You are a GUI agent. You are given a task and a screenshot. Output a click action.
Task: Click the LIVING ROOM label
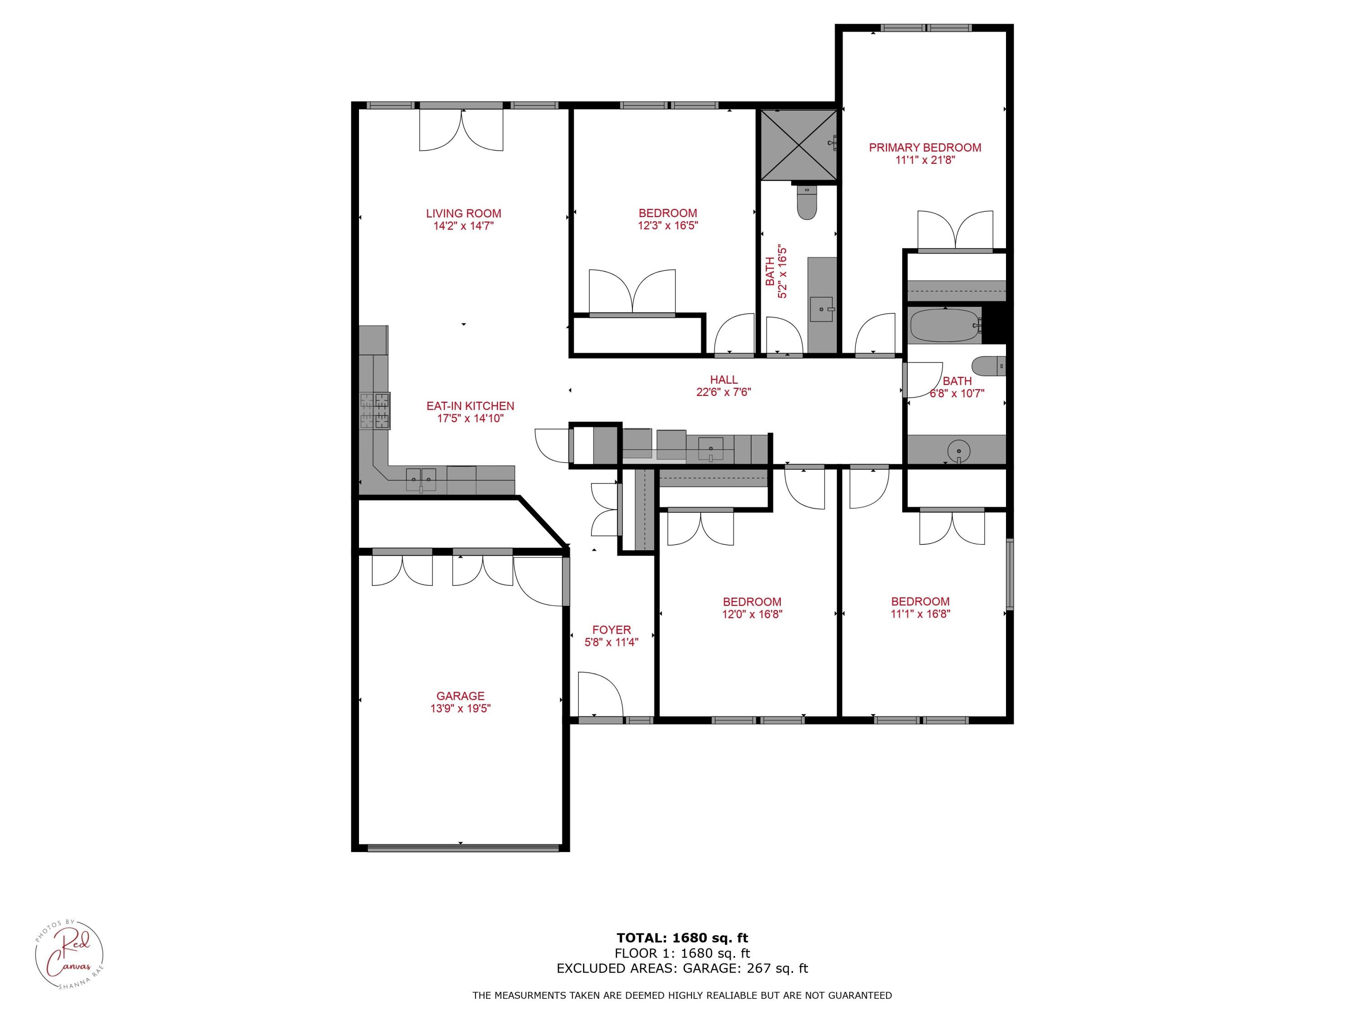pos(464,213)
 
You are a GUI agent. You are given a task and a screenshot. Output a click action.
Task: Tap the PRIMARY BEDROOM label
pos(925,147)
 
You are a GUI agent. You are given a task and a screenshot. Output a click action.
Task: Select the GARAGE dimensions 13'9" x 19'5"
pos(460,709)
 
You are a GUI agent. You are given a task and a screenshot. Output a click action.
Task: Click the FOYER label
pos(611,629)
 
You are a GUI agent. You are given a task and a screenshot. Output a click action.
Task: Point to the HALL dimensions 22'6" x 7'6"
pos(723,392)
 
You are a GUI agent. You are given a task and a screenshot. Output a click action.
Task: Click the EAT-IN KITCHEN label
pos(470,406)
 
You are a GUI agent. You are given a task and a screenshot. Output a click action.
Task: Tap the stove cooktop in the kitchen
pos(375,411)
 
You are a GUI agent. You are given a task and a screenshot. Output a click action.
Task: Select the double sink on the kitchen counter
pos(421,479)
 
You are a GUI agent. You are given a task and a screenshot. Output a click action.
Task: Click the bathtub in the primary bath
pos(944,325)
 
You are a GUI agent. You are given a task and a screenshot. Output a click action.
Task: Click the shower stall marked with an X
pos(799,145)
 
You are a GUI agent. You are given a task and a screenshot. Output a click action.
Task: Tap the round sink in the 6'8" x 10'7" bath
pos(958,449)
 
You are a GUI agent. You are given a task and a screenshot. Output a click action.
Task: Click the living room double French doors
pos(461,130)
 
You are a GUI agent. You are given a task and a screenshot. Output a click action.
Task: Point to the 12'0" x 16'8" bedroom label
pos(752,602)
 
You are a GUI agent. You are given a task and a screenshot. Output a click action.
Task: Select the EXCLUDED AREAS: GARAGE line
pos(682,968)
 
